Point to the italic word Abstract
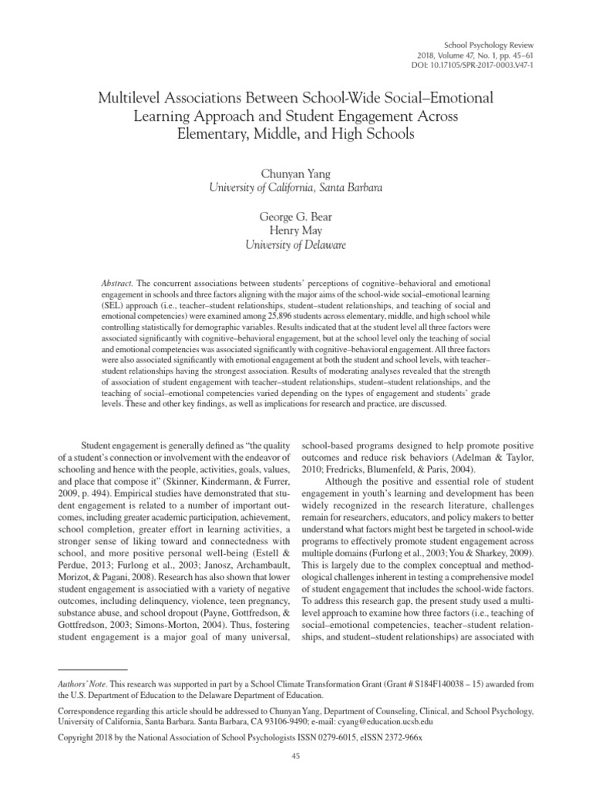pos(117,284)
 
